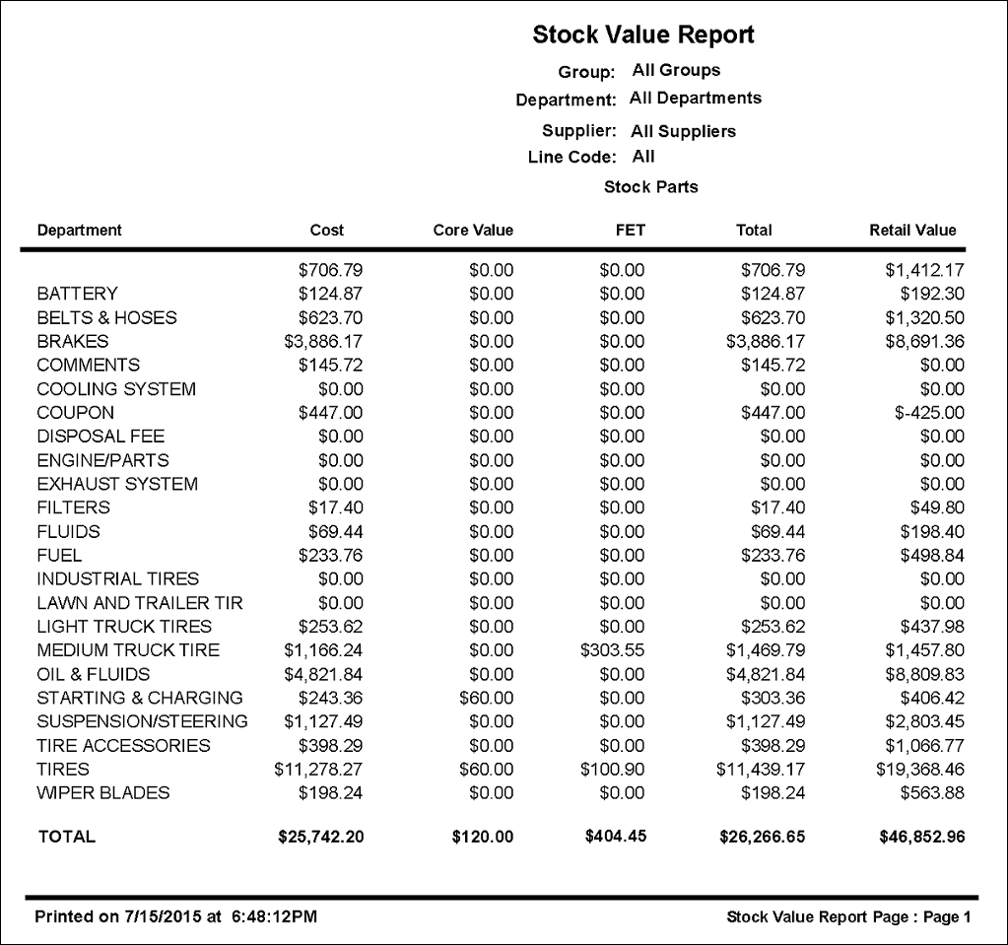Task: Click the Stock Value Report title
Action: click(x=643, y=35)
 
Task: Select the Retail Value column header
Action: click(x=912, y=231)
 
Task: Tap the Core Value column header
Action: click(x=473, y=231)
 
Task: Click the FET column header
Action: click(x=630, y=231)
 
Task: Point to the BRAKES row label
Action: click(x=73, y=341)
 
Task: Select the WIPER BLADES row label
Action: click(x=103, y=792)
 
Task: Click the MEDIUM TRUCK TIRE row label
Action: click(x=128, y=650)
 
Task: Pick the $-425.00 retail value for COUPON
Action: click(x=930, y=413)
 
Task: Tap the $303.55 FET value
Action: click(x=612, y=650)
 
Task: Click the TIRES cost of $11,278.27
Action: click(x=318, y=769)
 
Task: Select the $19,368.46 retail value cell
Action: click(x=920, y=769)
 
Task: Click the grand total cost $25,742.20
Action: click(x=321, y=837)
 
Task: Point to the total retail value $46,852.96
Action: click(x=921, y=837)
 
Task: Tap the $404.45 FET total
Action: click(x=615, y=837)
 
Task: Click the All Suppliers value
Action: click(x=683, y=131)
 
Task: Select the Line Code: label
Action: click(x=571, y=158)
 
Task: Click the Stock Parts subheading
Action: click(x=650, y=187)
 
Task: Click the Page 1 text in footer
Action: click(x=948, y=917)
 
